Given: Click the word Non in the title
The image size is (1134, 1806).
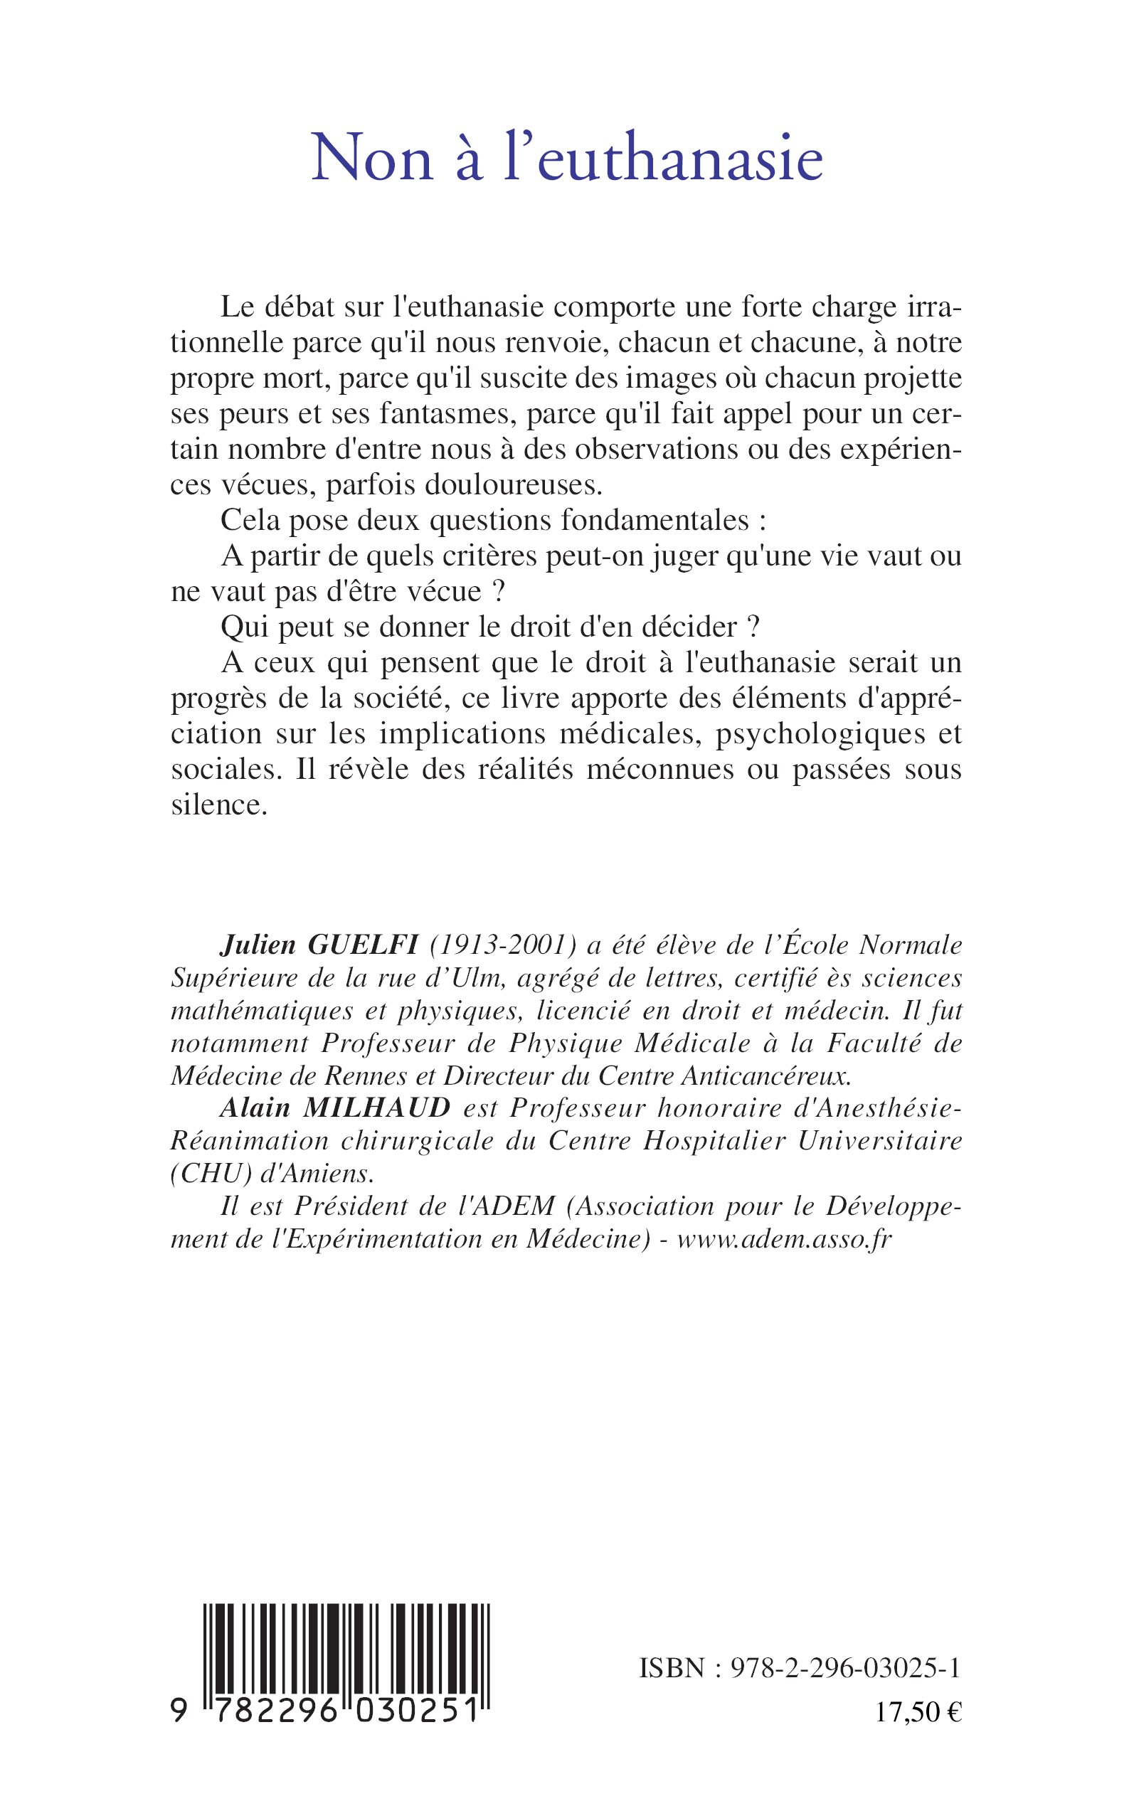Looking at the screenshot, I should [x=373, y=159].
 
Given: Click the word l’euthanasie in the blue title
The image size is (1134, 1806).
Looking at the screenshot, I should [x=663, y=159].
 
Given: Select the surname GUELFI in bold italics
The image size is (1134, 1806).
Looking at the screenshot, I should [x=363, y=946].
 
